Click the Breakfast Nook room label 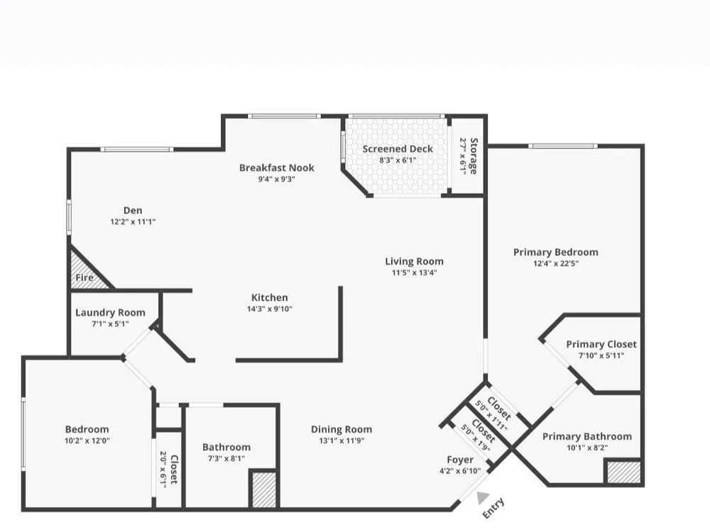(277, 168)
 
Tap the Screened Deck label (398, 149)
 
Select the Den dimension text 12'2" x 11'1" (133, 221)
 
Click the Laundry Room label (110, 313)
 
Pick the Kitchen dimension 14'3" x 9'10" (269, 309)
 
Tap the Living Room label (415, 262)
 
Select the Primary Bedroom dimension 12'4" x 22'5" (556, 263)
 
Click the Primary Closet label (601, 344)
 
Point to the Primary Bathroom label (587, 436)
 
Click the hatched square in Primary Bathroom (624, 472)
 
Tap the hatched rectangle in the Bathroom (263, 489)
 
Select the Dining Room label (342, 429)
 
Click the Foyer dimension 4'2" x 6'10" (460, 471)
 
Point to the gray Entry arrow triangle (483, 498)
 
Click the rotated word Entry (493, 508)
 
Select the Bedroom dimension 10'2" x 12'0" (87, 440)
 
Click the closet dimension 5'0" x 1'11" (491, 416)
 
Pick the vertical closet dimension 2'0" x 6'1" (163, 467)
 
